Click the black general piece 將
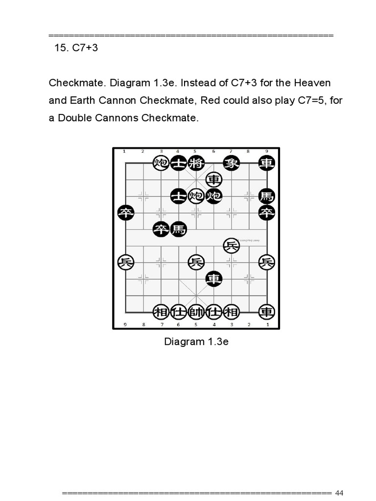pos(195,163)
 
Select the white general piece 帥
pos(195,312)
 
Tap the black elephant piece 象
pos(231,163)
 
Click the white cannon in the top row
pos(160,163)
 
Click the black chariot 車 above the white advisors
pos(213,279)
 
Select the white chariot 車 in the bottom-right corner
pos(266,312)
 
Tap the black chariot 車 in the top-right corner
pos(266,163)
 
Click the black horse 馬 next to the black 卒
pos(179,229)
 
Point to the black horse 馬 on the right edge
pos(266,196)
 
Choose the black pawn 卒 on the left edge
pos(126,213)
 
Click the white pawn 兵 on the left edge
pos(126,262)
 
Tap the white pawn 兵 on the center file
pos(196,262)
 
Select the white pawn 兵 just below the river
pos(231,246)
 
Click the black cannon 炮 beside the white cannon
pos(213,196)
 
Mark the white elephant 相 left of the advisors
pos(161,312)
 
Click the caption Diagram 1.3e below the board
pos(196,342)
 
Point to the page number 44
pos(340,492)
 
